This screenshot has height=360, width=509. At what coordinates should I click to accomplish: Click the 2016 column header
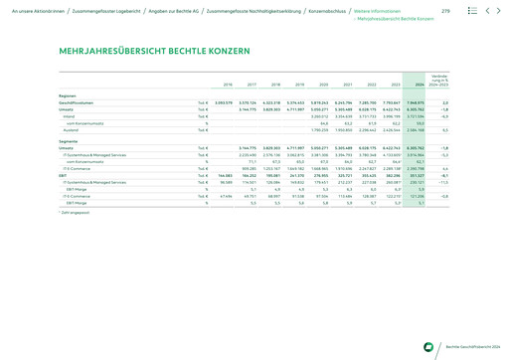click(227, 86)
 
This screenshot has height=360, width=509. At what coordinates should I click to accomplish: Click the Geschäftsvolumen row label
click(78, 102)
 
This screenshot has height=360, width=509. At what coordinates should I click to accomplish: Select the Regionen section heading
click(69, 95)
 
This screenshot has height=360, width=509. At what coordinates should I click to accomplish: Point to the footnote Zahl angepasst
click(76, 213)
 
